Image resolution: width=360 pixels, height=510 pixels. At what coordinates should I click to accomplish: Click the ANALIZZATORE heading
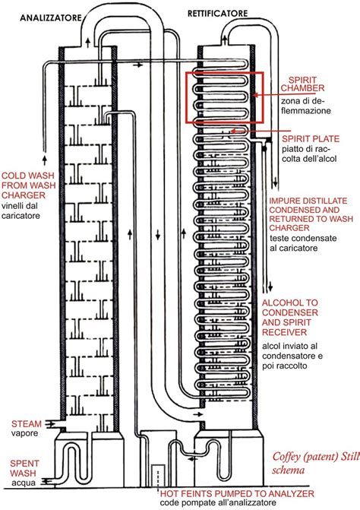(x=51, y=17)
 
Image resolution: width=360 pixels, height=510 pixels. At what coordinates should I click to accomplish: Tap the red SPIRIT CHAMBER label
(x=308, y=84)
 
